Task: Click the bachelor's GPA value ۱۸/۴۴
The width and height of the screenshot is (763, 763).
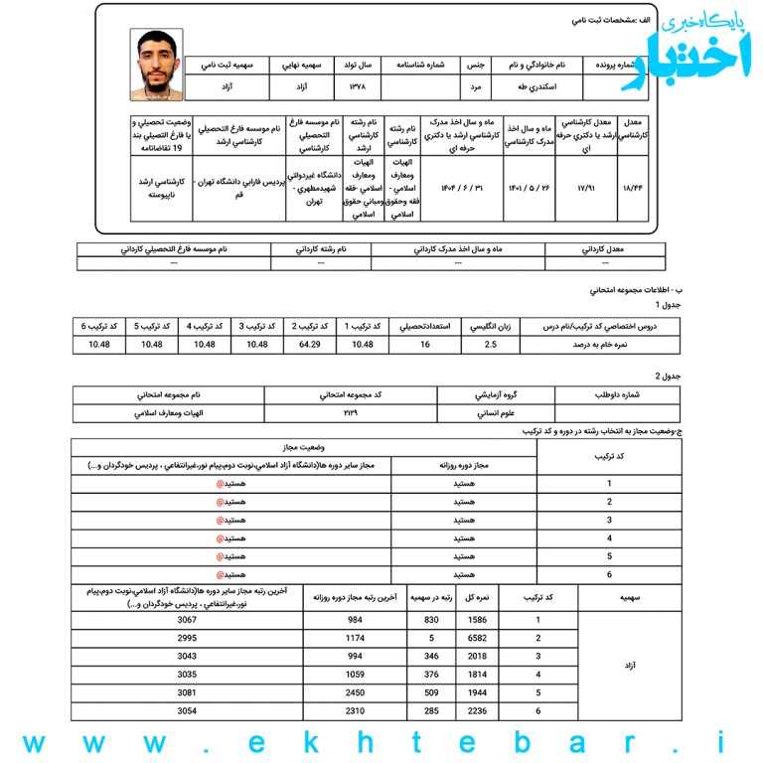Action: [631, 187]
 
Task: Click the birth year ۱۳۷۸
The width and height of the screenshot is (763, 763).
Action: [357, 87]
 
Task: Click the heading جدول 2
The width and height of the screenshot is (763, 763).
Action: [665, 377]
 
